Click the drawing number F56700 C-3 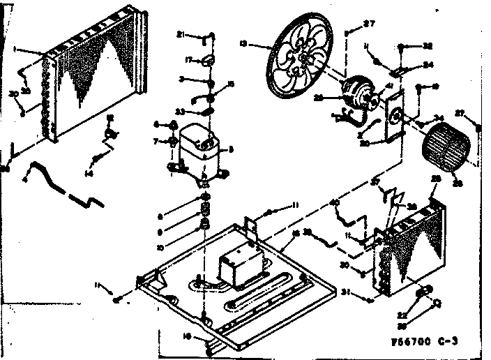click(x=425, y=340)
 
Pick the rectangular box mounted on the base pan click(x=238, y=268)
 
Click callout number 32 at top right click(x=427, y=46)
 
